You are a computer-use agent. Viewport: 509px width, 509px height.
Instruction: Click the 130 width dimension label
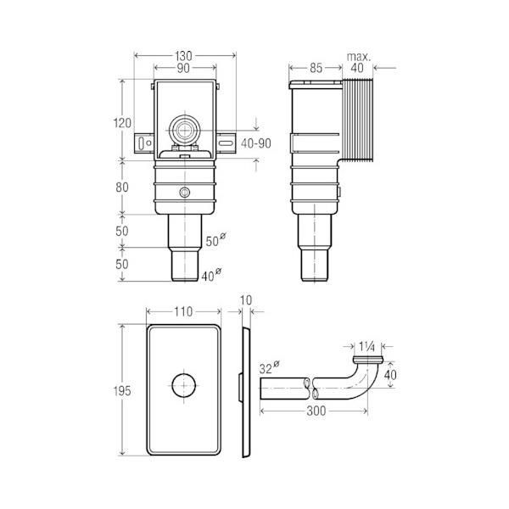point(183,56)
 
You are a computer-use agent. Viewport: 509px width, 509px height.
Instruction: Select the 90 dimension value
point(183,68)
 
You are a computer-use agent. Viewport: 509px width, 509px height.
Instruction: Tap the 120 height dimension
point(122,123)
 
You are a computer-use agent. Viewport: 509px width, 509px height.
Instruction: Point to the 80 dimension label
point(122,187)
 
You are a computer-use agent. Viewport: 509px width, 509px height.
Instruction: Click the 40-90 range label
point(256,143)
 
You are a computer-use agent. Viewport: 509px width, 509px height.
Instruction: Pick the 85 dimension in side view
point(316,68)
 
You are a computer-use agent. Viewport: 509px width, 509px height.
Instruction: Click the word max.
point(359,57)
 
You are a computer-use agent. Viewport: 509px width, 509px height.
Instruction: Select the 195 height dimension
point(122,391)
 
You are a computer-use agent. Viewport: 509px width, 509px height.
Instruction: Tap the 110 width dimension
point(183,311)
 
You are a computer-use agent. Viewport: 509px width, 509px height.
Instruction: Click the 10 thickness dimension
point(246,300)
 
